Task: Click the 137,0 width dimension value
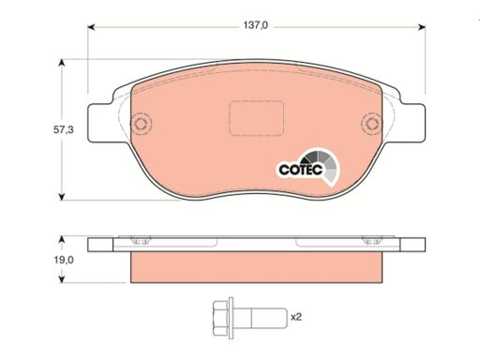(x=256, y=25)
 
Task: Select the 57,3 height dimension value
(x=64, y=129)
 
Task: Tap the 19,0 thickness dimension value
(x=64, y=260)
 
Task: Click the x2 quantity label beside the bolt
(x=296, y=318)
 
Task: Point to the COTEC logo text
(x=301, y=170)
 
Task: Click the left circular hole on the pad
(x=141, y=123)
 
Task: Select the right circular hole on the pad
(x=371, y=123)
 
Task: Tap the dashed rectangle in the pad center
(x=256, y=118)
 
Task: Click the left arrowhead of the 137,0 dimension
(x=91, y=27)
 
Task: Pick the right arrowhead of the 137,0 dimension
(x=422, y=27)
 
